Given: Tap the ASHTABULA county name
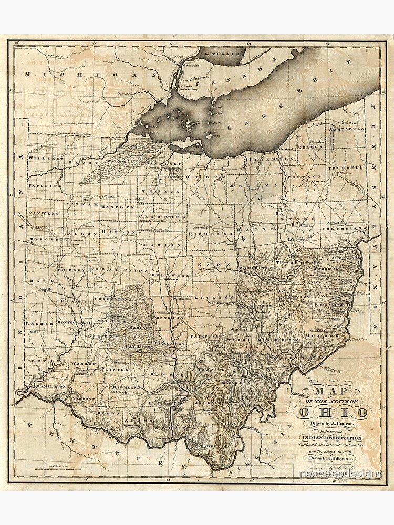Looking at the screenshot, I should tap(347, 129).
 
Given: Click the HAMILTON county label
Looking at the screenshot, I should tap(51, 386).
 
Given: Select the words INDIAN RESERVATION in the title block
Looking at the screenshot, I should tap(333, 438).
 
